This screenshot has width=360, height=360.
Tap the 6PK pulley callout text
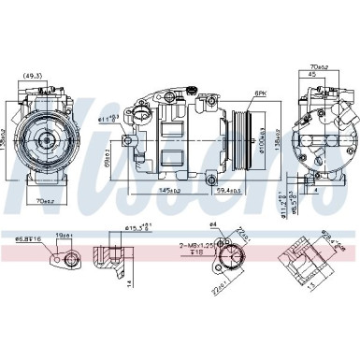click(259, 94)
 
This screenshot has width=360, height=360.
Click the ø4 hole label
click(212, 224)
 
